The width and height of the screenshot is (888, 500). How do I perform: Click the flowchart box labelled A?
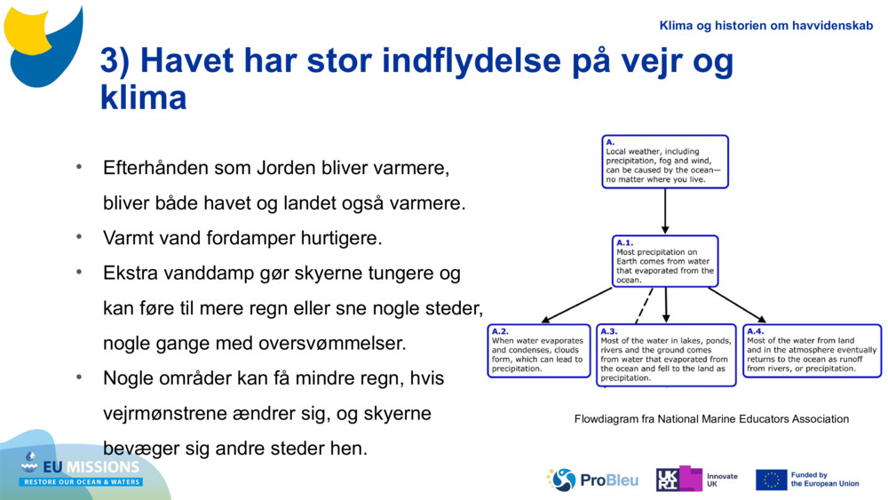(664, 162)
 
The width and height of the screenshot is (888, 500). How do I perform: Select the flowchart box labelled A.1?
(665, 261)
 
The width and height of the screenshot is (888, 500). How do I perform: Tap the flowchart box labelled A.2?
(539, 351)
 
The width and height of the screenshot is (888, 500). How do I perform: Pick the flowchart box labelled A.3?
(666, 355)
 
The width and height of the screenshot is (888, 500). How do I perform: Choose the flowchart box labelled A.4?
(812, 351)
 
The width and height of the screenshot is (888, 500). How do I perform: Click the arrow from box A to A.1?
(665, 211)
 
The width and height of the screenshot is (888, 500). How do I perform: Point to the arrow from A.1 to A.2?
(577, 305)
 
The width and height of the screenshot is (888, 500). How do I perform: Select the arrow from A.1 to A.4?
(737, 305)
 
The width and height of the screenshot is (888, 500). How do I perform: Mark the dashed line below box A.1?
(644, 306)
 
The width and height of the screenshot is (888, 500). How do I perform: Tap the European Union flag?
(771, 480)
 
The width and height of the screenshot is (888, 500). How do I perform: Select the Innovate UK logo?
(696, 480)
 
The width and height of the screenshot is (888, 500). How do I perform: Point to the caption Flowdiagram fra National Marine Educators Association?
(711, 419)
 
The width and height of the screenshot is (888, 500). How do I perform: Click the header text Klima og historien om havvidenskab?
(765, 26)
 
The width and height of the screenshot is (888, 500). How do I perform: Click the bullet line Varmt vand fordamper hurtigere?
(242, 238)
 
